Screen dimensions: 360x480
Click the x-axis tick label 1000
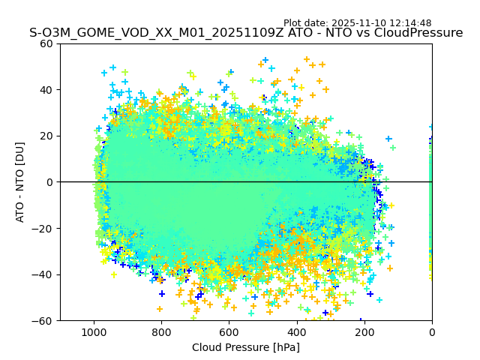[x=94, y=331]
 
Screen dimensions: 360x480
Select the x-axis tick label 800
[x=161, y=331]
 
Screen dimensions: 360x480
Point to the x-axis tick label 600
[x=229, y=331]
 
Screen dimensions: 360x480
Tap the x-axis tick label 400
[x=297, y=331]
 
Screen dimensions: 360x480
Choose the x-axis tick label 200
[x=364, y=331]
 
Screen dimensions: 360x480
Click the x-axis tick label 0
[x=432, y=331]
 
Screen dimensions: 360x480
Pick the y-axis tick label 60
[x=47, y=43]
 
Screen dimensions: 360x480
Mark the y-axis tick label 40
[x=47, y=90]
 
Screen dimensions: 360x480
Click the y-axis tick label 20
[x=47, y=136]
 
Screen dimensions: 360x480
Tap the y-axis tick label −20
[x=43, y=228]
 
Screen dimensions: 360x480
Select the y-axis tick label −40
[x=43, y=274]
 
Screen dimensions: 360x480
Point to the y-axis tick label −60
[x=43, y=320]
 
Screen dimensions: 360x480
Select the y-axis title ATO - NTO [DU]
[x=20, y=182]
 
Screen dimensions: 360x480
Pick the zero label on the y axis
[x=50, y=182]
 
